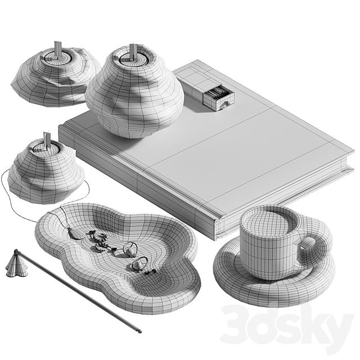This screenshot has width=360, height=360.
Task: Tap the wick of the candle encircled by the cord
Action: click(47, 140)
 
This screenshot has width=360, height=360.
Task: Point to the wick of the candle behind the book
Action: click(57, 49)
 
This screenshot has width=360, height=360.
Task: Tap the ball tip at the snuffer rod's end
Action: click(139, 331)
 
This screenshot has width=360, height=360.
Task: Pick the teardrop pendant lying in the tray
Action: click(75, 234)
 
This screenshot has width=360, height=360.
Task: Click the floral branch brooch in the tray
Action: click(101, 241)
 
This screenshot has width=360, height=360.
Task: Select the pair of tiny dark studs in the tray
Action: click(150, 272)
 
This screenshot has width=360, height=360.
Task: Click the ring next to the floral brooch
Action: click(130, 249)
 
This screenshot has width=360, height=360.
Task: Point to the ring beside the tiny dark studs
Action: click(139, 264)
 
